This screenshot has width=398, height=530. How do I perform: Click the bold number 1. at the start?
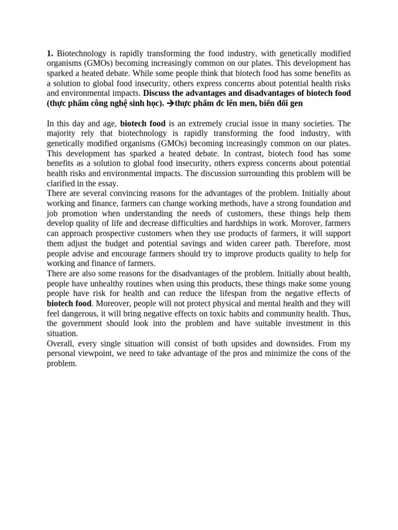[x=50, y=54]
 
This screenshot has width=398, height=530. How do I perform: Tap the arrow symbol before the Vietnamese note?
[x=170, y=104]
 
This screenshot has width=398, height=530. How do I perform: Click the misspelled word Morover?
[x=303, y=223]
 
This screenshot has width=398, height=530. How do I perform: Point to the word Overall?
[x=61, y=344]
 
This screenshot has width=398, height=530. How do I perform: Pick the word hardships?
[x=241, y=223]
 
